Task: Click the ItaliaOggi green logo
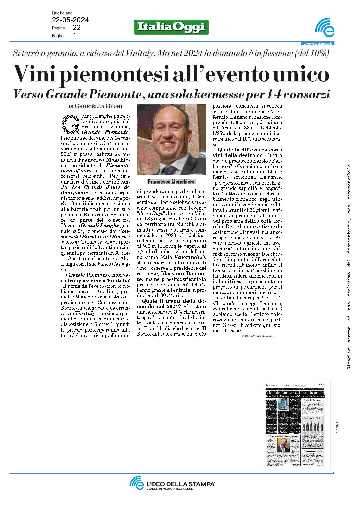point(171,27)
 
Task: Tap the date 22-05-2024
point(70,20)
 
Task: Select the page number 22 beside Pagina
point(76,28)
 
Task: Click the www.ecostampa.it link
point(317,43)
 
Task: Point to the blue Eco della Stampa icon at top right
point(325,28)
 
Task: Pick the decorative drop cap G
point(70,124)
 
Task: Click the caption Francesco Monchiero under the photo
point(171,182)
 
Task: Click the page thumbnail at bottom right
point(295,425)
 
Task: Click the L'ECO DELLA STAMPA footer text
point(181,484)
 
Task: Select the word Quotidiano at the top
point(62,13)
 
